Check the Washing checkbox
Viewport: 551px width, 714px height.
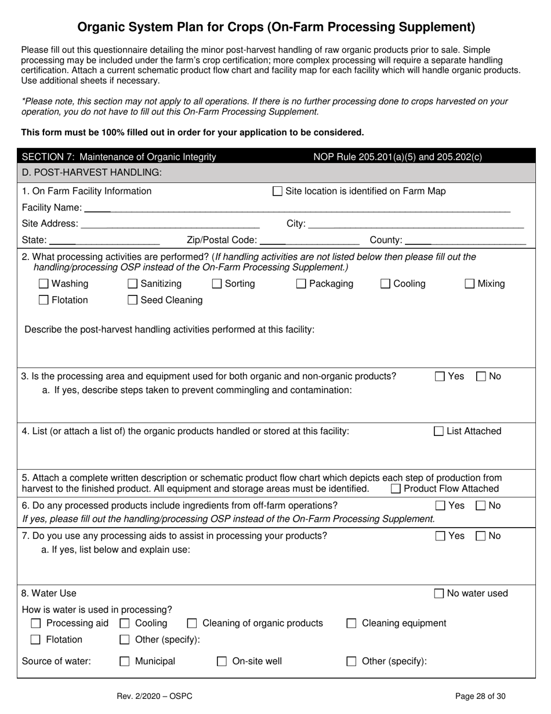[43, 284]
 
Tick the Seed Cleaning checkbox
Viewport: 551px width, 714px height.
[132, 300]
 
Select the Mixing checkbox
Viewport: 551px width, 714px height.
[470, 284]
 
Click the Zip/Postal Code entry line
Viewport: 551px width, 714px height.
[310, 240]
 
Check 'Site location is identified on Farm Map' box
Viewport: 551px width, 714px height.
[277, 192]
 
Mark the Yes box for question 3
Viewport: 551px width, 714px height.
[440, 376]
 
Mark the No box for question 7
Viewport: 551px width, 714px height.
[481, 536]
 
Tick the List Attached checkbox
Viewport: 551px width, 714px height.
[439, 431]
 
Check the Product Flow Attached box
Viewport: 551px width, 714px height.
[396, 489]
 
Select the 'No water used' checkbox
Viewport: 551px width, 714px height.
[439, 593]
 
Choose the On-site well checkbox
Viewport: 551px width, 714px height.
[222, 661]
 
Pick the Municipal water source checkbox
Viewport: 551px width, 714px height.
[124, 661]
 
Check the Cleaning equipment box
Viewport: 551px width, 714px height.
[351, 623]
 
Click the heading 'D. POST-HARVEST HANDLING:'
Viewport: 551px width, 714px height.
[92, 172]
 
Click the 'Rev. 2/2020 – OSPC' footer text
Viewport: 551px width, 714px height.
[155, 696]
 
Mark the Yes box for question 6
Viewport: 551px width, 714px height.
[440, 506]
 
